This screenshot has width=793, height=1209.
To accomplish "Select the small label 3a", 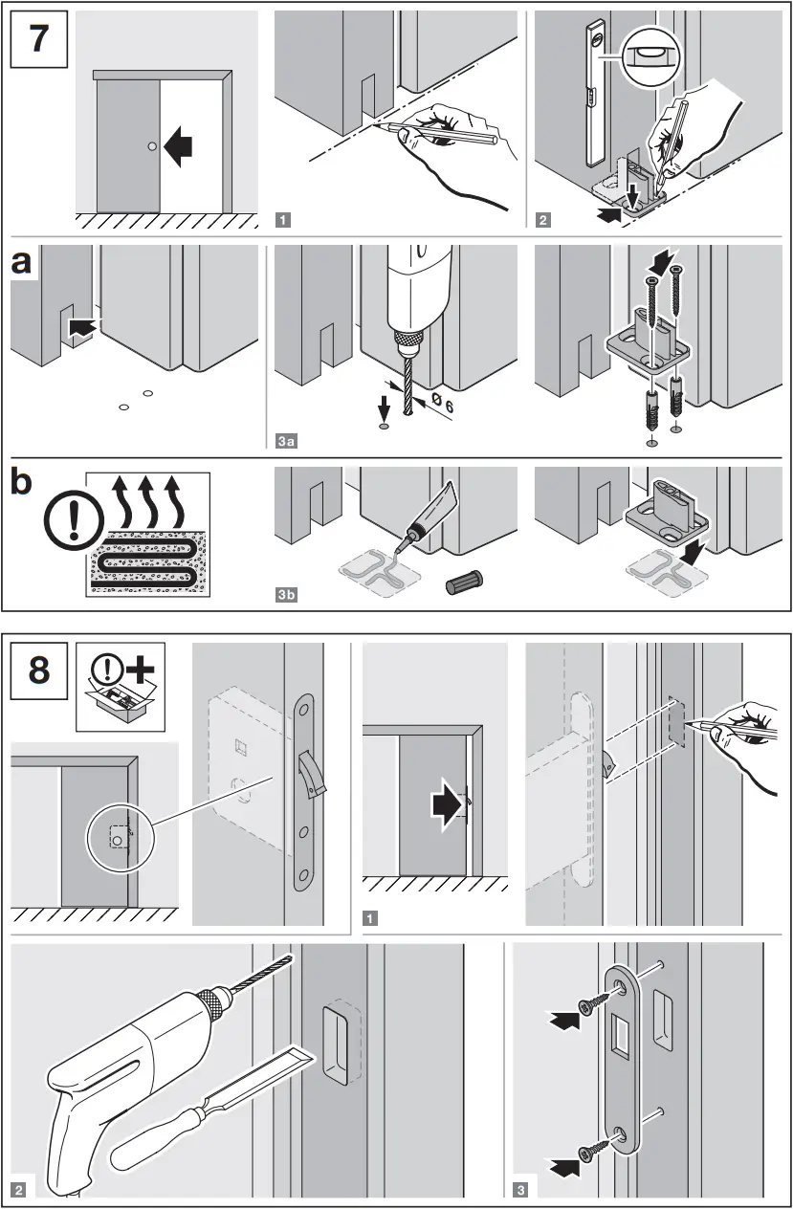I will coord(285,441).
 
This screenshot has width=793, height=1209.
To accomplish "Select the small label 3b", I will coord(285,596).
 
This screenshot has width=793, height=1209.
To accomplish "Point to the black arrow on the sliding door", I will coord(178,146).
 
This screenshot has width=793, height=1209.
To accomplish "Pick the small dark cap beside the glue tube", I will coord(466,583).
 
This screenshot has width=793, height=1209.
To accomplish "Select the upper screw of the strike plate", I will coord(596,1005).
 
